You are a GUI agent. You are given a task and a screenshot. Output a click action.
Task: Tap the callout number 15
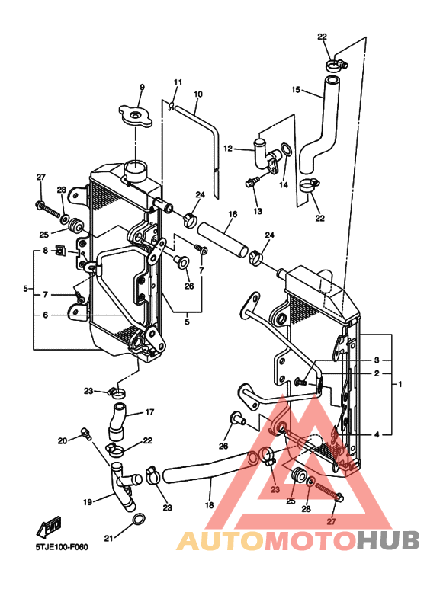[296, 90]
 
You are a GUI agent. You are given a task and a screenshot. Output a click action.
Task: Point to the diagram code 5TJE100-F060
[62, 547]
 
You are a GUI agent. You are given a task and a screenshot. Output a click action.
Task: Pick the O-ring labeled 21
[139, 520]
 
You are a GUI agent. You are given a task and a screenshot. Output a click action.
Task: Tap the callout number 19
[88, 502]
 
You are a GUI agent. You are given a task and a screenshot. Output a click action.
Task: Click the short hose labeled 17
[119, 421]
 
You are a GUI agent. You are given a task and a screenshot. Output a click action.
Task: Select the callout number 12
[228, 149]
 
